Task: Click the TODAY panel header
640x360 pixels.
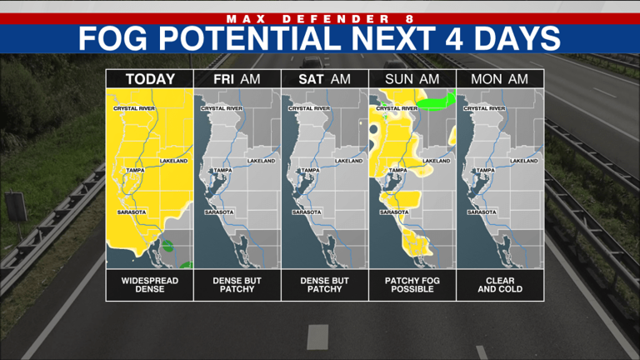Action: tap(150, 79)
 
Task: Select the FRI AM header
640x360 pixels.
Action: tap(237, 79)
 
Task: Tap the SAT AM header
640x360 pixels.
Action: tap(325, 79)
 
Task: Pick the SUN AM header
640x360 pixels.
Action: tap(412, 79)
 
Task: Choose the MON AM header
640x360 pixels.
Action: tap(500, 79)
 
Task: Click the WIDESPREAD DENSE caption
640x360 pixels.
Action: tap(150, 285)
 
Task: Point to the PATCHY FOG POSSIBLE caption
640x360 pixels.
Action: tap(412, 285)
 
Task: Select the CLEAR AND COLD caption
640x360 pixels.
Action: tap(500, 285)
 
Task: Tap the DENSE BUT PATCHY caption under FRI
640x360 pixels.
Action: tap(237, 285)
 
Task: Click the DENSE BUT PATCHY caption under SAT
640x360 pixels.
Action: tap(325, 285)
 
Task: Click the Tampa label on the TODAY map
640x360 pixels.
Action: tap(136, 170)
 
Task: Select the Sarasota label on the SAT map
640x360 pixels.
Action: tap(305, 212)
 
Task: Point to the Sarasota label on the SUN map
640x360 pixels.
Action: tap(392, 212)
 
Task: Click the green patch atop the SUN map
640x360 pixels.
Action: tap(435, 102)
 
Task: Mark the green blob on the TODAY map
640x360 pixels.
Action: tap(167, 246)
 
